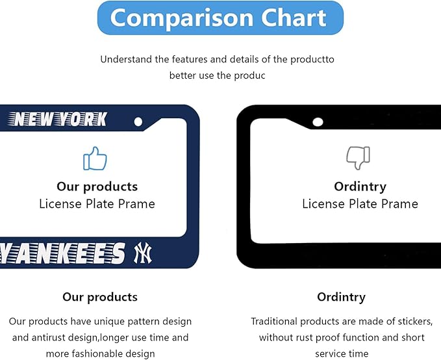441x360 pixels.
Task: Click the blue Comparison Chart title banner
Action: pyautogui.click(x=221, y=18)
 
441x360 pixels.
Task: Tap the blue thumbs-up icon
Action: pyautogui.click(x=95, y=159)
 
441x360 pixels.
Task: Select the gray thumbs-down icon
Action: pyautogui.click(x=358, y=158)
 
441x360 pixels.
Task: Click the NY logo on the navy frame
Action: pyautogui.click(x=143, y=253)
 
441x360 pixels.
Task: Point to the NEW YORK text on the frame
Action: pyautogui.click(x=58, y=119)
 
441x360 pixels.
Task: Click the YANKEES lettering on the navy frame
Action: pyautogui.click(x=62, y=253)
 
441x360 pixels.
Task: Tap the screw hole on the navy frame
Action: pyautogui.click(x=138, y=122)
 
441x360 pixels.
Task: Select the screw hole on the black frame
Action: pyautogui.click(x=318, y=122)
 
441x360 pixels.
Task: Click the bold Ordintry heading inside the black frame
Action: pyautogui.click(x=360, y=187)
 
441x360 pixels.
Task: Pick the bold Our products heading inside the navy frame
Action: pyautogui.click(x=97, y=186)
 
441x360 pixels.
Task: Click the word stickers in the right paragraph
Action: pyautogui.click(x=415, y=322)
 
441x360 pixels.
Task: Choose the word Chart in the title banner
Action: pyautogui.click(x=294, y=18)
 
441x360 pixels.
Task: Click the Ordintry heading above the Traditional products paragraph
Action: pyautogui.click(x=341, y=297)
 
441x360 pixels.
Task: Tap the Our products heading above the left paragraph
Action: pyautogui.click(x=100, y=297)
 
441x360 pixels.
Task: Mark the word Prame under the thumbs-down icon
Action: pyautogui.click(x=399, y=204)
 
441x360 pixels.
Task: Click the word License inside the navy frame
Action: pyautogui.click(x=60, y=204)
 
